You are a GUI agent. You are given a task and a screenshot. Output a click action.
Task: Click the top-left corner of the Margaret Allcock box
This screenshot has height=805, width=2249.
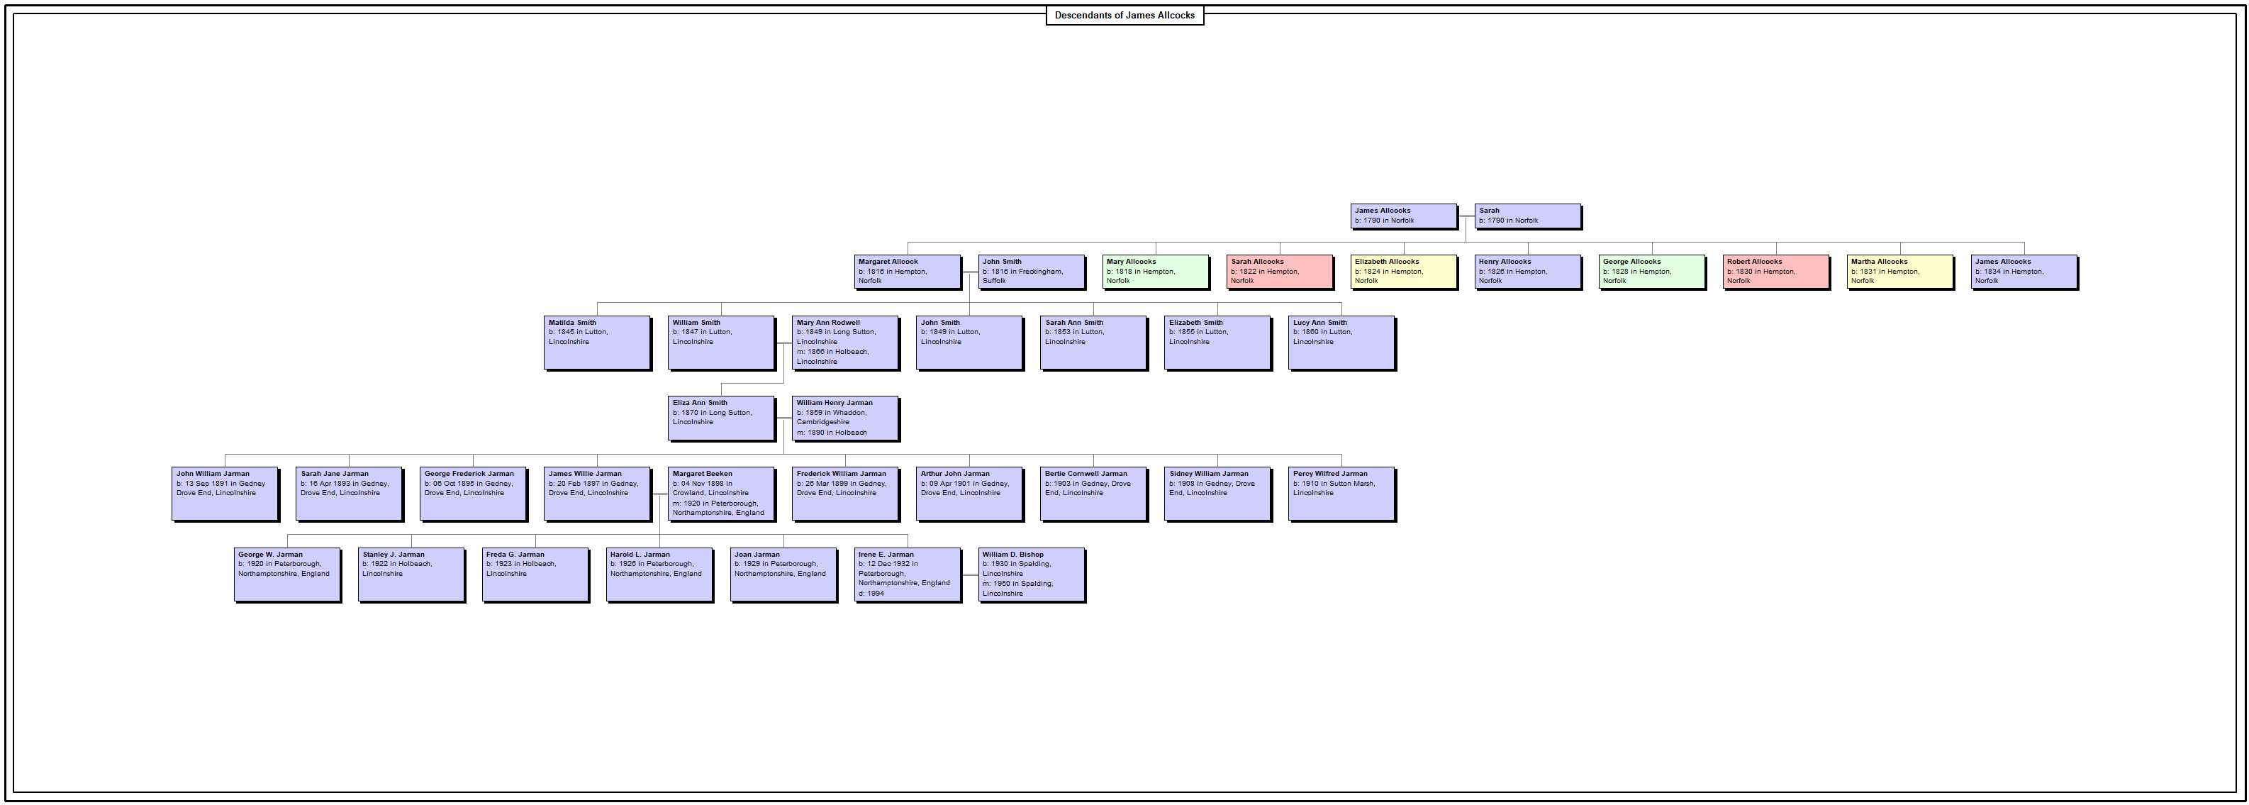(x=855, y=255)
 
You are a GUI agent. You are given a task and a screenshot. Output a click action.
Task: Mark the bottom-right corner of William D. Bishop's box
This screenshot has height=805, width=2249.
(x=1086, y=602)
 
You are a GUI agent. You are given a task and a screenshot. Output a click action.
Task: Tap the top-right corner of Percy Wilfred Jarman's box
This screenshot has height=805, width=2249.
(x=1396, y=468)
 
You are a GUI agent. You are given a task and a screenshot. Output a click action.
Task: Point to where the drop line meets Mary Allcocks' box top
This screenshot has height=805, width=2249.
(x=1156, y=255)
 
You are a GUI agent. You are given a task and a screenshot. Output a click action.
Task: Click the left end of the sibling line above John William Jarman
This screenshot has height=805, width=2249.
(x=225, y=455)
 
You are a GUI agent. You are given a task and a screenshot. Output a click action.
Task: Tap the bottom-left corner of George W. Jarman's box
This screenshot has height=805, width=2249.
(x=235, y=602)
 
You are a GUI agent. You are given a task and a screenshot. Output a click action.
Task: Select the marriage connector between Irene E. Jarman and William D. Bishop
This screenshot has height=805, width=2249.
(x=970, y=575)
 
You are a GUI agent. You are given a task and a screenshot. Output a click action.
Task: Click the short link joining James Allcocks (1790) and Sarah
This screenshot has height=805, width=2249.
(x=1466, y=216)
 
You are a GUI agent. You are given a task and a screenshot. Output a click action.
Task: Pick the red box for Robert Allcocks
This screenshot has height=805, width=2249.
(x=1777, y=272)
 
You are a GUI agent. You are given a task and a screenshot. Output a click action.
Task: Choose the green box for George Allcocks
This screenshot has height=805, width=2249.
(x=1653, y=272)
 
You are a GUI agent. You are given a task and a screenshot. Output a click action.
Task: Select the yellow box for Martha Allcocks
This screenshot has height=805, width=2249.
(x=1901, y=272)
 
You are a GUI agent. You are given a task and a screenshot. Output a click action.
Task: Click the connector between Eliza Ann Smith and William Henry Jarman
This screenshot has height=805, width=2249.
(x=783, y=419)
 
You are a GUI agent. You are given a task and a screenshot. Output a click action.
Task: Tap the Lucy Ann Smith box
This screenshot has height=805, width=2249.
(x=1342, y=343)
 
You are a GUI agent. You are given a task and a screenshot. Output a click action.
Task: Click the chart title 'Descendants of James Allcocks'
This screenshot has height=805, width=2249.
(x=1124, y=15)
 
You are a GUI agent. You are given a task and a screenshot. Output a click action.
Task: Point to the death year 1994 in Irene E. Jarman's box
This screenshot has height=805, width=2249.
(x=876, y=594)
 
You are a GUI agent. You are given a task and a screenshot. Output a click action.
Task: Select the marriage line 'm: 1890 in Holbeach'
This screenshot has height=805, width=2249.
(x=832, y=432)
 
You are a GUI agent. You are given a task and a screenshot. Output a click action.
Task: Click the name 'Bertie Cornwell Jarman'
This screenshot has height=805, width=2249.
(x=1086, y=474)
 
